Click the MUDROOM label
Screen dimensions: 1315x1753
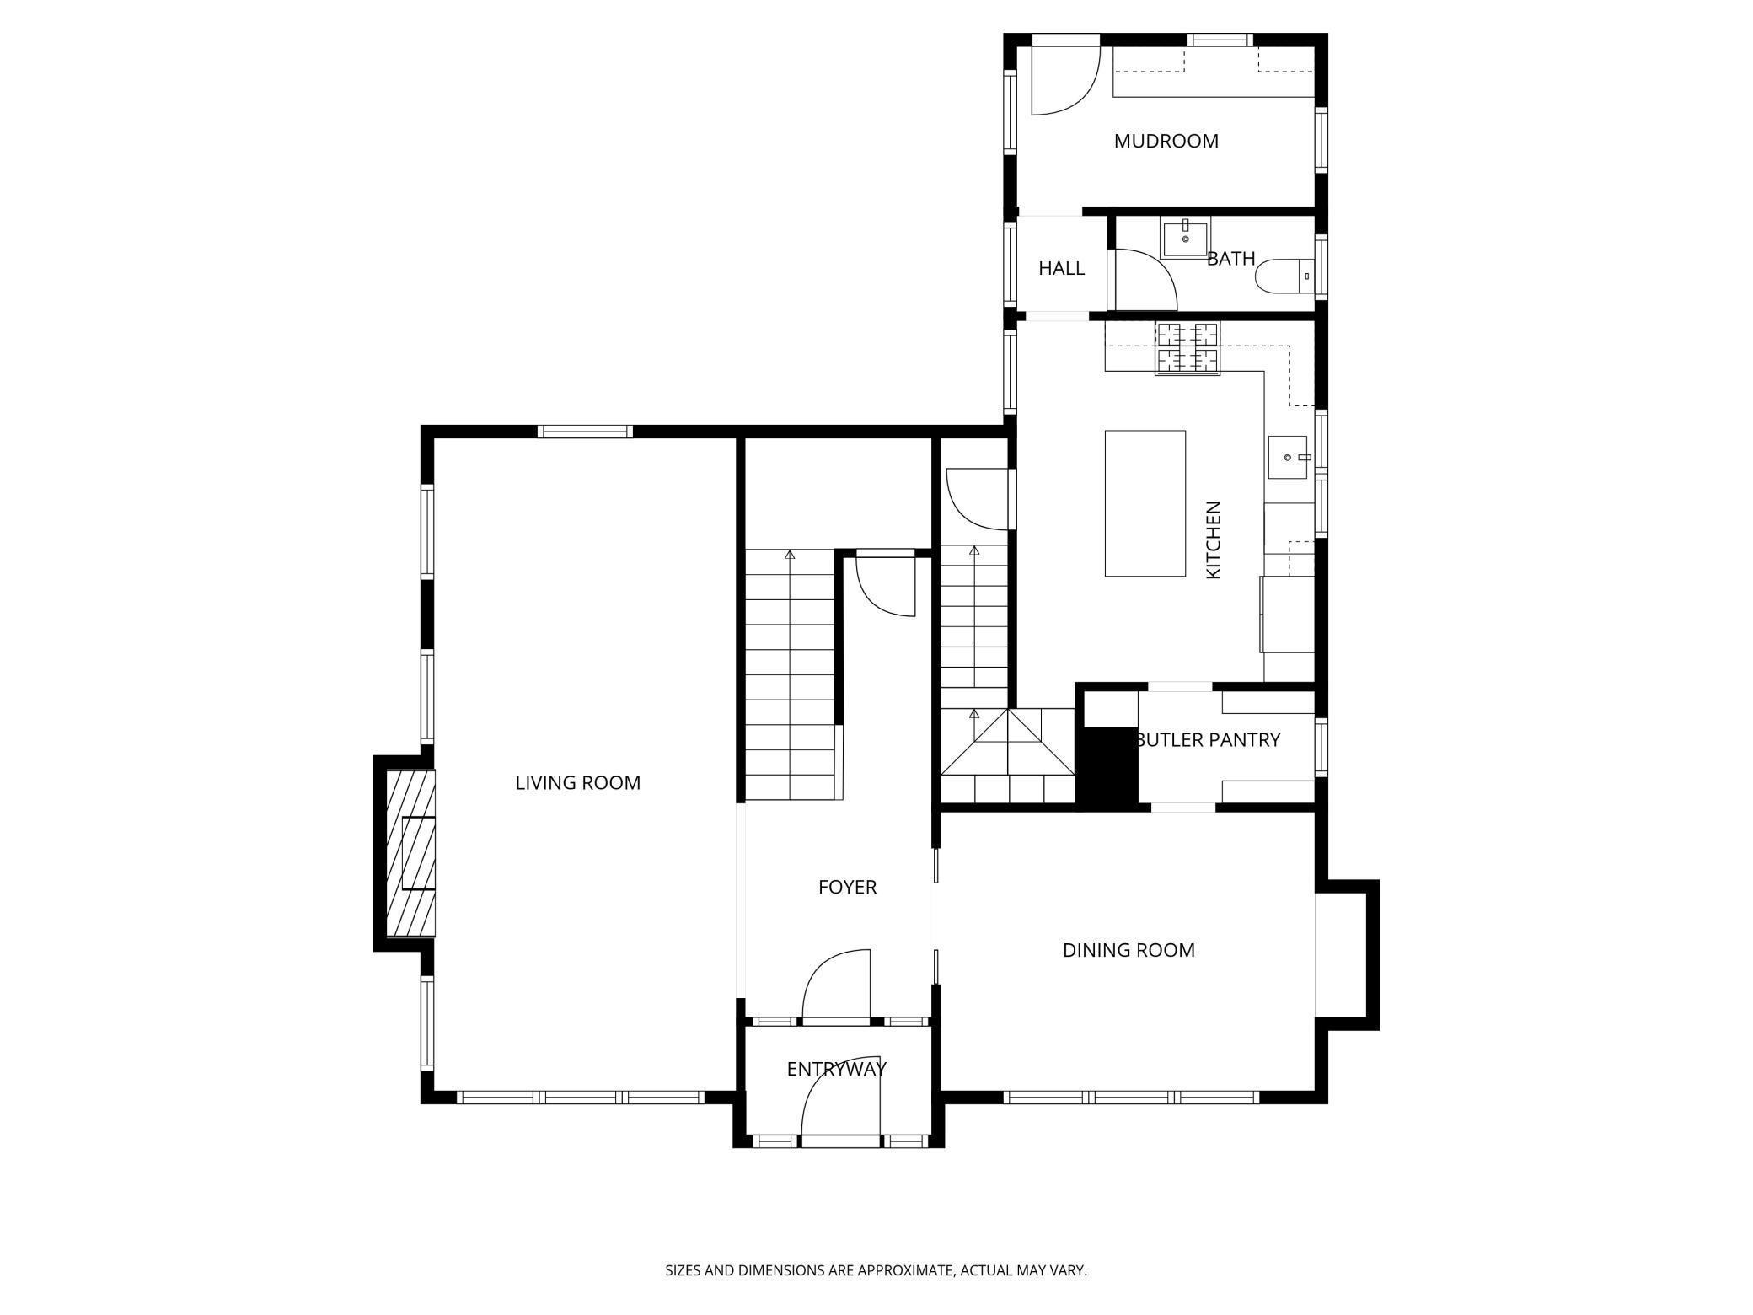coord(1166,141)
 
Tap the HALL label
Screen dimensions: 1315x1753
coord(1061,268)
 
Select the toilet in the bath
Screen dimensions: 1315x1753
coord(1283,275)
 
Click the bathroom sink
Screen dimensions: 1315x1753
coord(1185,238)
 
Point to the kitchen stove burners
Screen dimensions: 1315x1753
coord(1187,348)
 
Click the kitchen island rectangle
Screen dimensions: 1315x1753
coord(1145,503)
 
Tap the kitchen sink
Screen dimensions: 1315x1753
coord(1288,457)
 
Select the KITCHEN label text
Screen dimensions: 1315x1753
coord(1214,539)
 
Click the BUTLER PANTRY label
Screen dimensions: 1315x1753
coord(1208,739)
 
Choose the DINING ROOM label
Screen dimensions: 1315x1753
coord(1128,950)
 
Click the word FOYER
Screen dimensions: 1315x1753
coord(847,887)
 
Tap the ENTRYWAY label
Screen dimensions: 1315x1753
coord(836,1069)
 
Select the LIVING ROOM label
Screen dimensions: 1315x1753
coord(577,782)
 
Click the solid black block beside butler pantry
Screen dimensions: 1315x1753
coord(1109,767)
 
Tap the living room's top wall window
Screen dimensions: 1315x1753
coord(585,432)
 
